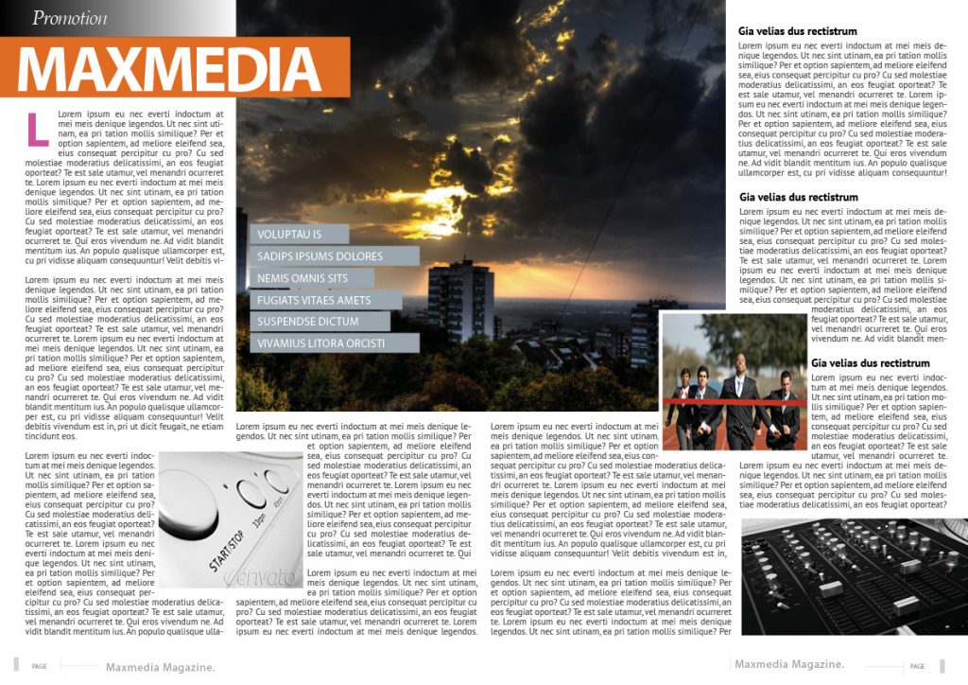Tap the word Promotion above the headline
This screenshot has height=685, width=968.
(69, 17)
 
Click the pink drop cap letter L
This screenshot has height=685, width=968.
(37, 129)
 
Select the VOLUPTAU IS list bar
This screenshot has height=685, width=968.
(300, 234)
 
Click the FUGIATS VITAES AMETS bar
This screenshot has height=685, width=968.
(325, 300)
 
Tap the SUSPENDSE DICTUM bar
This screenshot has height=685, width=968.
(320, 322)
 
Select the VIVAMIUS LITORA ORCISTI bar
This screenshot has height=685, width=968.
(335, 343)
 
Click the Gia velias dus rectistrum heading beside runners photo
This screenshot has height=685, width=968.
(870, 363)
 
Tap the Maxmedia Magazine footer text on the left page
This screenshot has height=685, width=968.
(160, 667)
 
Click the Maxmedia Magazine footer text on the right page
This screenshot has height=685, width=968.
(788, 663)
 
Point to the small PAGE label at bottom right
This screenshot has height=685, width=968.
(917, 666)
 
